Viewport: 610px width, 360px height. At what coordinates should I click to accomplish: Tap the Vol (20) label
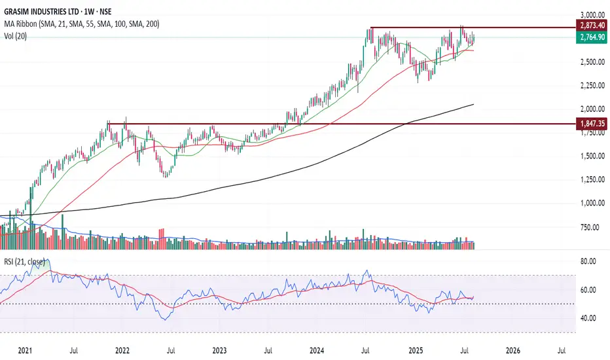17,35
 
